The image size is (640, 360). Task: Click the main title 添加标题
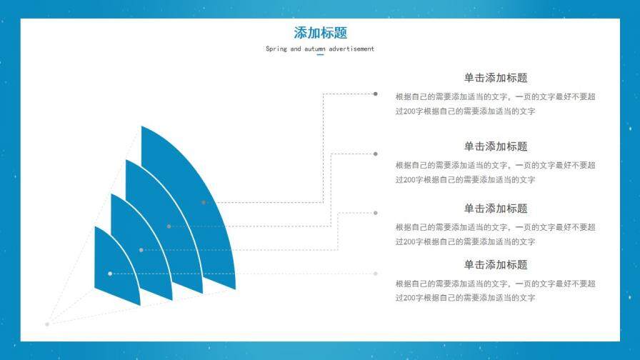(x=320, y=33)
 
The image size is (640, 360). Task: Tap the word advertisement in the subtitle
(x=351, y=49)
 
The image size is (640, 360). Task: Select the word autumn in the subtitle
(x=315, y=49)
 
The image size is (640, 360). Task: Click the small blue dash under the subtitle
(x=320, y=55)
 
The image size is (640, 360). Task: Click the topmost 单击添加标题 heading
(x=496, y=78)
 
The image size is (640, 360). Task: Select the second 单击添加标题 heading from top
(x=496, y=146)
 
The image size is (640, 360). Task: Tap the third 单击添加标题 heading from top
(x=496, y=209)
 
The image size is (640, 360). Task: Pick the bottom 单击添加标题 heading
(x=496, y=264)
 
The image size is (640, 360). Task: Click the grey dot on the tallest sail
(x=204, y=202)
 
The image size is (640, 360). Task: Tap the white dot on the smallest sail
(x=110, y=274)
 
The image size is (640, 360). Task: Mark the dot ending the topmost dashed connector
(x=376, y=94)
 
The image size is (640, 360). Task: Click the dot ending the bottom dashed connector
(x=376, y=274)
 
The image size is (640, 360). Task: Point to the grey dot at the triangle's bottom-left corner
(x=47, y=324)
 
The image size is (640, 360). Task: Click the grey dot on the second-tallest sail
(x=169, y=226)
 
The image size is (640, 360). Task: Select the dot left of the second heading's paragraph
(x=376, y=154)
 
